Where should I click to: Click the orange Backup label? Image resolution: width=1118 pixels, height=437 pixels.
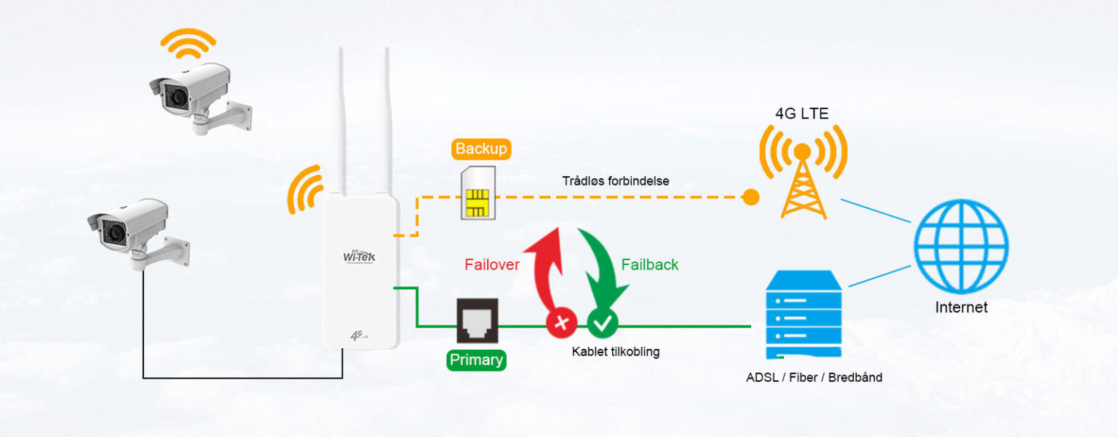481,149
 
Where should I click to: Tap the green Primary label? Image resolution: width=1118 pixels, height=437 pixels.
477,360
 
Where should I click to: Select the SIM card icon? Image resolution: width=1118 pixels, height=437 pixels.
477,193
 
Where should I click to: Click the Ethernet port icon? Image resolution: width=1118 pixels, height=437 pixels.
477,320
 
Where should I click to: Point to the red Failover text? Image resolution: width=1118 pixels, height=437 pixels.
492,265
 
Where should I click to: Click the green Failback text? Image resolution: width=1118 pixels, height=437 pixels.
650,265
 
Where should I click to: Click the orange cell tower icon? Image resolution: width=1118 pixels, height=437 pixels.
803,175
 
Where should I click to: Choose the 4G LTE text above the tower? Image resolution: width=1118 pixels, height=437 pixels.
801,114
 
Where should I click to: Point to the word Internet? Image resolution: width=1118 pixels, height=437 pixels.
961,307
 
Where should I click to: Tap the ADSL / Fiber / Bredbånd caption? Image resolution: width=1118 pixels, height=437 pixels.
814,378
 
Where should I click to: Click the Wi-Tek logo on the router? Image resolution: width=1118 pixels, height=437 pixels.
360,257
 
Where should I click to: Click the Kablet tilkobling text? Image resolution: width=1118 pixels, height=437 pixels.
616,352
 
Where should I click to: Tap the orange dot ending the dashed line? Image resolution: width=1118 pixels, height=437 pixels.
750,197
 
